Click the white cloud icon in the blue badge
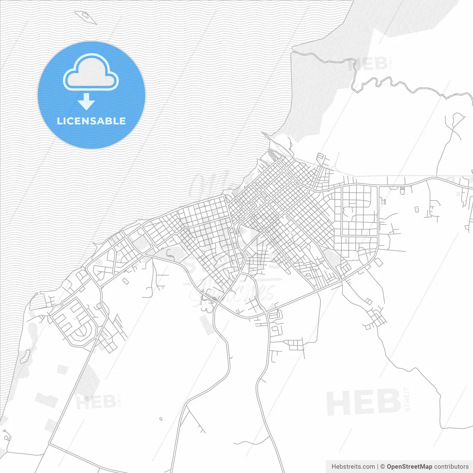[91, 72]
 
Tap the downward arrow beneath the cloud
[86, 102]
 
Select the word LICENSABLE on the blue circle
[91, 121]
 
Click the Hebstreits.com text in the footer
[353, 467]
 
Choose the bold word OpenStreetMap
[409, 467]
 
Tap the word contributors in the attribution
[451, 467]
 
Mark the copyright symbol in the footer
[382, 467]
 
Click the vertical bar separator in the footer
[377, 467]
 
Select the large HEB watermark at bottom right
[363, 402]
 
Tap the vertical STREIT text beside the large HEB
[407, 399]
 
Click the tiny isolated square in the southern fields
[160, 419]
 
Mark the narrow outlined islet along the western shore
[25, 356]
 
